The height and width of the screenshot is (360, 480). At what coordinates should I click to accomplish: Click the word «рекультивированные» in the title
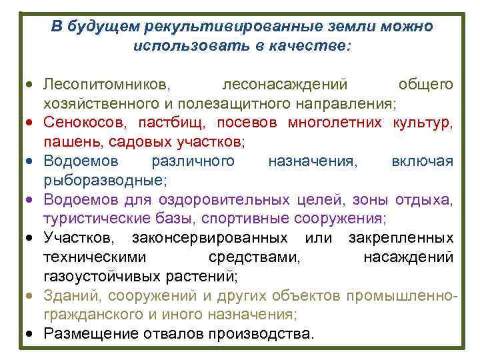pyautogui.click(x=223, y=27)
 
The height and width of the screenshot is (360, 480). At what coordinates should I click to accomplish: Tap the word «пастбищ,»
pyautogui.click(x=177, y=123)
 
